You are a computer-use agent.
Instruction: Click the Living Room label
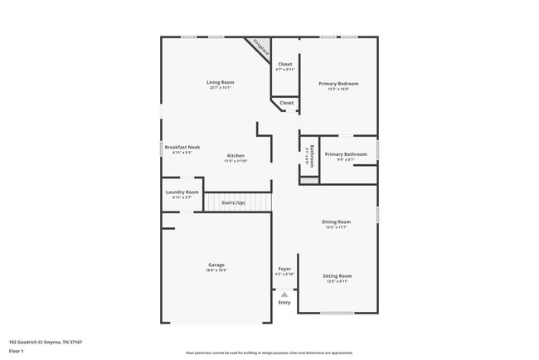point(221,82)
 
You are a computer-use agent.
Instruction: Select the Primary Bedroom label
point(338,84)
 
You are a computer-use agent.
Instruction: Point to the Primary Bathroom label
point(346,154)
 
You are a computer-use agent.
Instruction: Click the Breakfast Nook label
point(182,147)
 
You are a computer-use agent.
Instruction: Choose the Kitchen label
point(236,156)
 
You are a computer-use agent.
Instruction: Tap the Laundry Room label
point(182,192)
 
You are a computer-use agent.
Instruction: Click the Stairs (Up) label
point(233,202)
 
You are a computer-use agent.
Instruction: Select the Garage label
point(216,265)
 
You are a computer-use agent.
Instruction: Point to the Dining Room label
point(337,221)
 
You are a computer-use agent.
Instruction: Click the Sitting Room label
point(337,275)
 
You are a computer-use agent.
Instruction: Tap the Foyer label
point(284,268)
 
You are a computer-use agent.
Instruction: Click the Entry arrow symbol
point(284,294)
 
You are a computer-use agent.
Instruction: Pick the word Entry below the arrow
point(284,303)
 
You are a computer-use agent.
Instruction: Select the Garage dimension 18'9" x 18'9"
point(216,270)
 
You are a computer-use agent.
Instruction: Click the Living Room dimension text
point(221,87)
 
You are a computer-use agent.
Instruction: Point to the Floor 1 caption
point(17,351)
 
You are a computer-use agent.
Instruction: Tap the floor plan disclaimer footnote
point(269,353)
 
